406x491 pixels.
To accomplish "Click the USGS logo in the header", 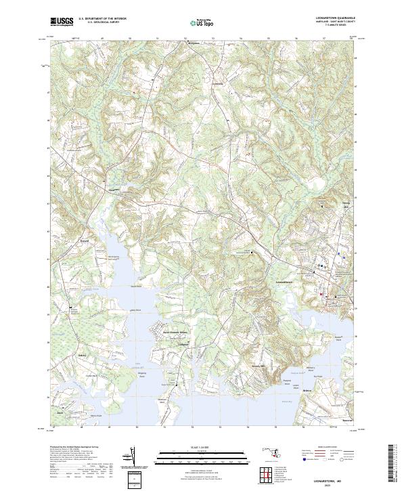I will [62, 22].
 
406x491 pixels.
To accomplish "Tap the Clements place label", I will [114, 190].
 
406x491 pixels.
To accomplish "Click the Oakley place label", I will [83, 354].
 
